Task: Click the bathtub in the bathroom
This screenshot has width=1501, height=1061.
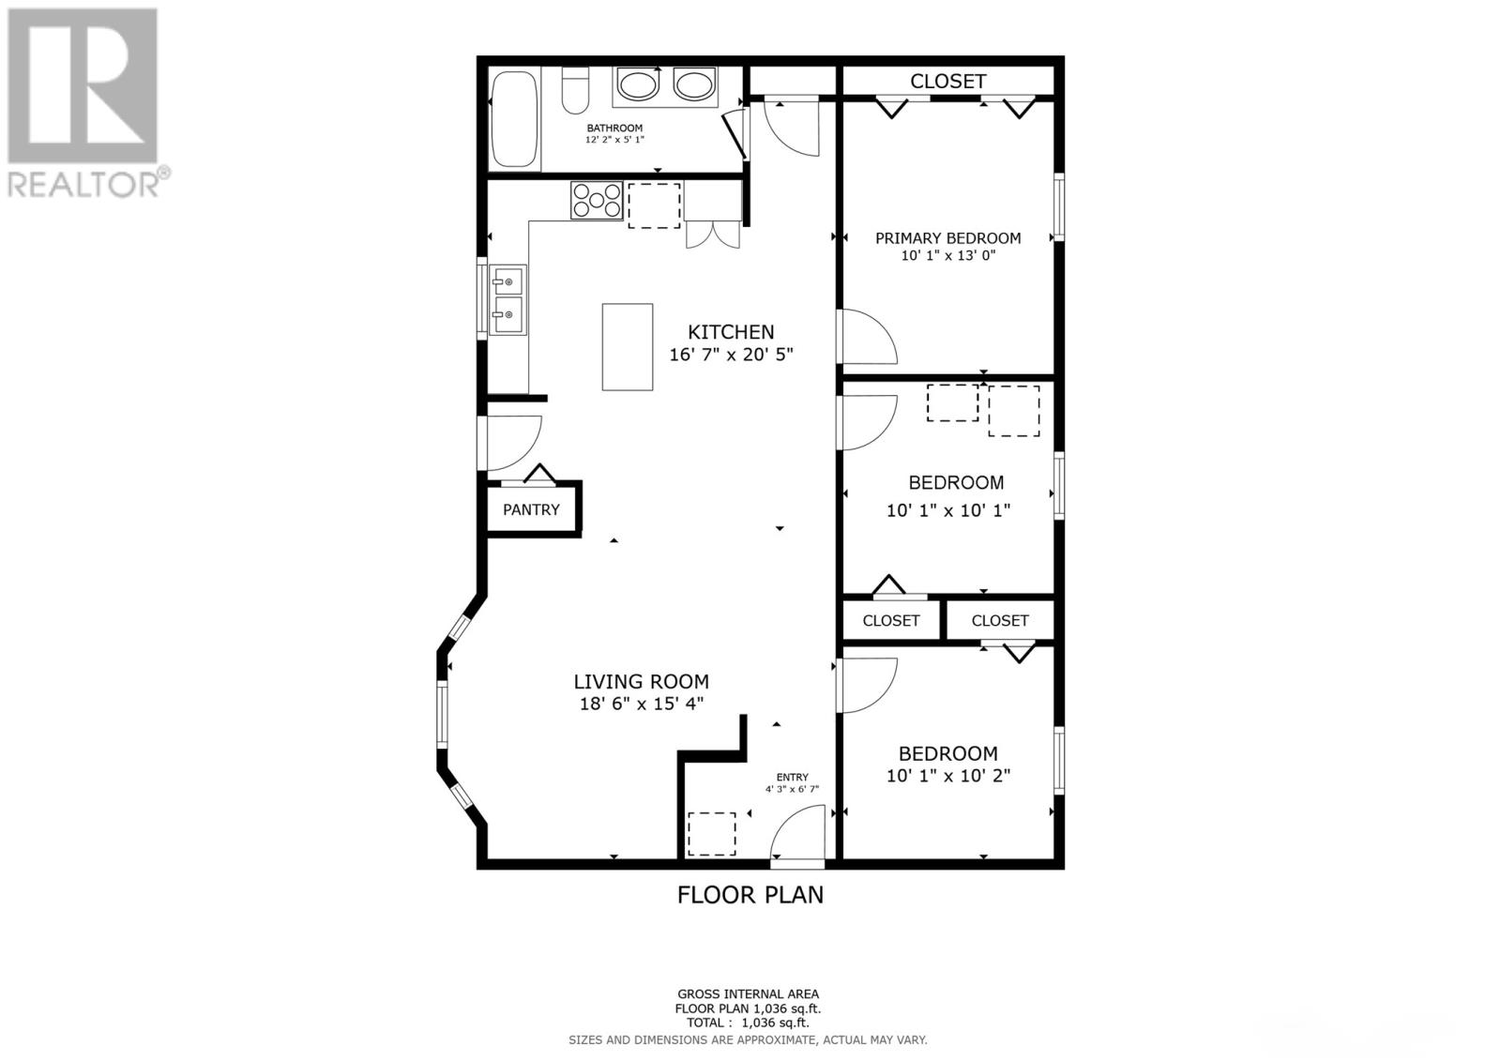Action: pyautogui.click(x=515, y=121)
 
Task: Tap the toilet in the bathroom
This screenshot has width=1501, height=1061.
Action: pyautogui.click(x=575, y=90)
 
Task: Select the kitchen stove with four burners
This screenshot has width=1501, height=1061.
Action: pyautogui.click(x=597, y=201)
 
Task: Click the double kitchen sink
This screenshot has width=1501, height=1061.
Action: pyautogui.click(x=508, y=299)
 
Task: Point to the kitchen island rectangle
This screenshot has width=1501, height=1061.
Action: pyautogui.click(x=628, y=346)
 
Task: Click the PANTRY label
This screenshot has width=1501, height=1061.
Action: pyautogui.click(x=531, y=510)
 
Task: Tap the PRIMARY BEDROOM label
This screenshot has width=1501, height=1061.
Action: pyautogui.click(x=948, y=238)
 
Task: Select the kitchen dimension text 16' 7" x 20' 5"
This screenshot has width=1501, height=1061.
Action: pyautogui.click(x=731, y=354)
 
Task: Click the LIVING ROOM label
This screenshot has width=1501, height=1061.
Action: pyautogui.click(x=642, y=682)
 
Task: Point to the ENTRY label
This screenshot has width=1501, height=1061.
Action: pyautogui.click(x=792, y=778)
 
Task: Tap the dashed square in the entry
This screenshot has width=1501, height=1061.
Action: pyautogui.click(x=712, y=834)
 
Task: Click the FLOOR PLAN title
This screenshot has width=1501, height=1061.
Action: pyautogui.click(x=750, y=896)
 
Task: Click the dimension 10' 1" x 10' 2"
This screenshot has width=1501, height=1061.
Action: pyautogui.click(x=948, y=776)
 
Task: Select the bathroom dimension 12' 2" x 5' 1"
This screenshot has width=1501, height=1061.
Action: pyautogui.click(x=614, y=140)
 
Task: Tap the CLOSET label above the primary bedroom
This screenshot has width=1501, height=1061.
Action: pyautogui.click(x=948, y=81)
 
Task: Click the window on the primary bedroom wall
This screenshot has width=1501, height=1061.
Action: pyautogui.click(x=1059, y=207)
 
